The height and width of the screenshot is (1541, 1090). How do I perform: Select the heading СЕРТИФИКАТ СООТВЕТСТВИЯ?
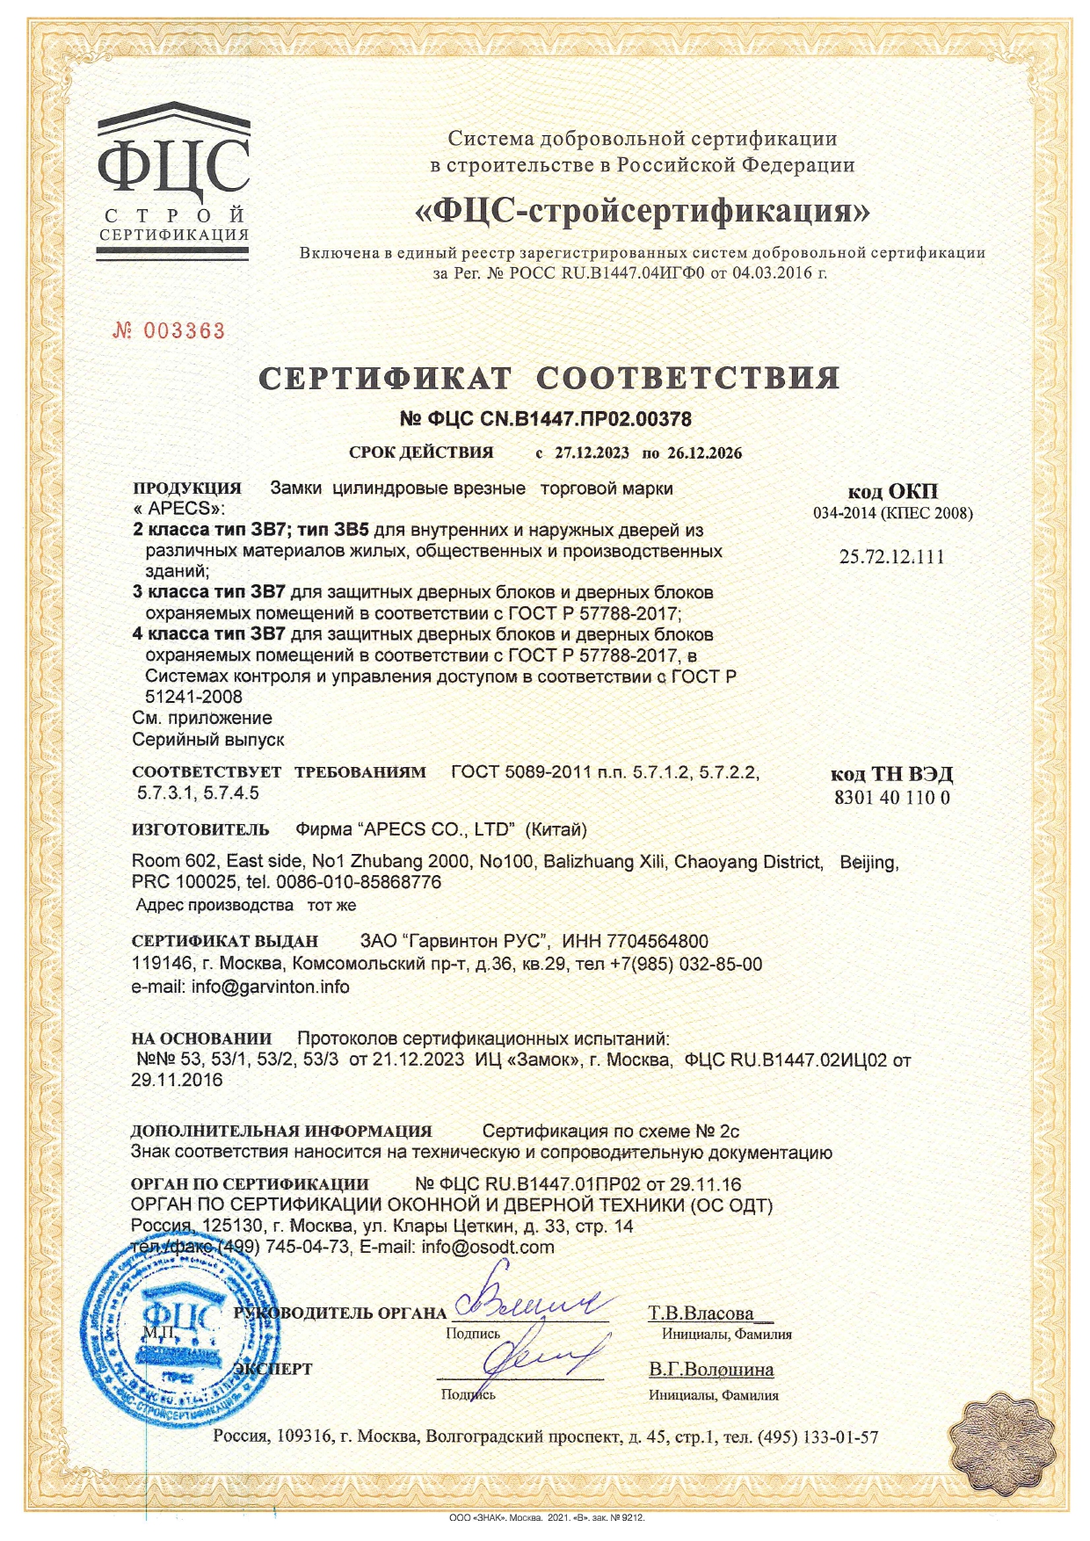point(549,378)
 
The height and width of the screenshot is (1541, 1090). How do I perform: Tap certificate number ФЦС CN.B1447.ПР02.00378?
point(545,419)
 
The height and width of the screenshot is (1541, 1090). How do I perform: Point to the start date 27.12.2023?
point(592,453)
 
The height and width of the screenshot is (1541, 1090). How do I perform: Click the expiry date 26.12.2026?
point(704,453)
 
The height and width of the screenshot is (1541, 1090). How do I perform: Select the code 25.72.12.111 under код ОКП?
point(891,557)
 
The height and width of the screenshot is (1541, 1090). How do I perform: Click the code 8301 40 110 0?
point(891,798)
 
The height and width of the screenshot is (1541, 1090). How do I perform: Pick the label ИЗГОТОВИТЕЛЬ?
point(200,829)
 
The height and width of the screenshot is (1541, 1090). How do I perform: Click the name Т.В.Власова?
point(701,1313)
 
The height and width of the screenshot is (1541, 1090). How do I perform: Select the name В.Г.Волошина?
point(711,1370)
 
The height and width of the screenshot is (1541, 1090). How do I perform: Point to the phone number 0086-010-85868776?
point(359,881)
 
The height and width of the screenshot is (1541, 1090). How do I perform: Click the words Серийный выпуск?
point(208,740)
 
